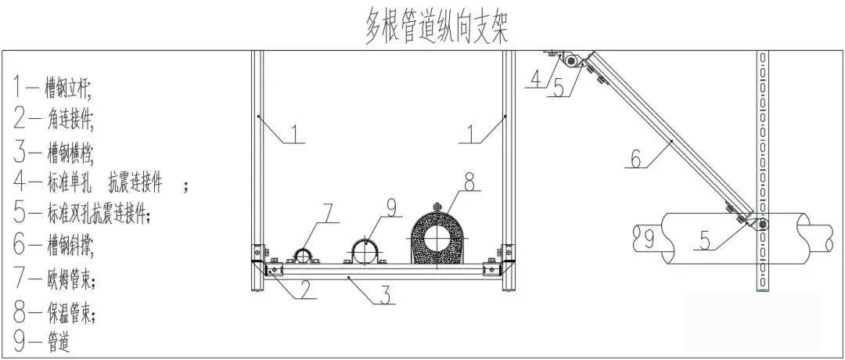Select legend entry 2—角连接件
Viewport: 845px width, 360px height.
[x=55, y=118]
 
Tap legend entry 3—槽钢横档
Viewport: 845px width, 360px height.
[x=55, y=150]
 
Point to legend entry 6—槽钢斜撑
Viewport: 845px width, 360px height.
[x=54, y=246]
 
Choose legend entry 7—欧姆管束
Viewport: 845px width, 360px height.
[x=55, y=279]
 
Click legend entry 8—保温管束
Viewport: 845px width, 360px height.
[x=55, y=312]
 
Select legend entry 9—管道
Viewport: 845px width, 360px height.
[x=43, y=342]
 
